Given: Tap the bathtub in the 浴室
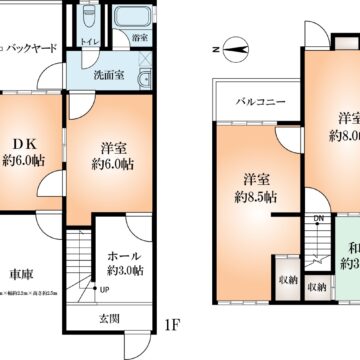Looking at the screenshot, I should (129, 19).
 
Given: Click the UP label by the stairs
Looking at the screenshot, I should (105, 290).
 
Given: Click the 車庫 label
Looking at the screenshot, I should (24, 274).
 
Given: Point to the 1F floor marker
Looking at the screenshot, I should (172, 324).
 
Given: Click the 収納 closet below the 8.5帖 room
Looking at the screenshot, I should (287, 280).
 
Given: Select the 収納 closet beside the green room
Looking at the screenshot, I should (317, 287).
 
